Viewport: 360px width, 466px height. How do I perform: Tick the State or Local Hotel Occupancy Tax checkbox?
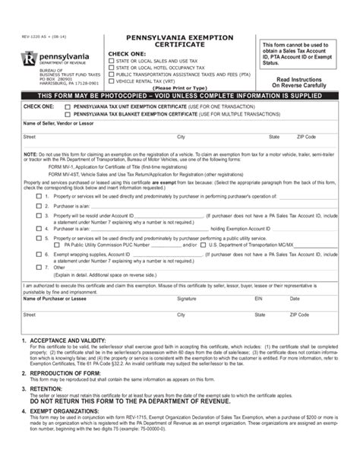click(112, 66)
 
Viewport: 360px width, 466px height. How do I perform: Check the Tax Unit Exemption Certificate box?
click(54, 107)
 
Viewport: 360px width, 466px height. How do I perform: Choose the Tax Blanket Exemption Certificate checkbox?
click(54, 114)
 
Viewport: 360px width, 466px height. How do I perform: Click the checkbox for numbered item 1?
click(39, 195)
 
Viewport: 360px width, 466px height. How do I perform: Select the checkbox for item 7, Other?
click(39, 268)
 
